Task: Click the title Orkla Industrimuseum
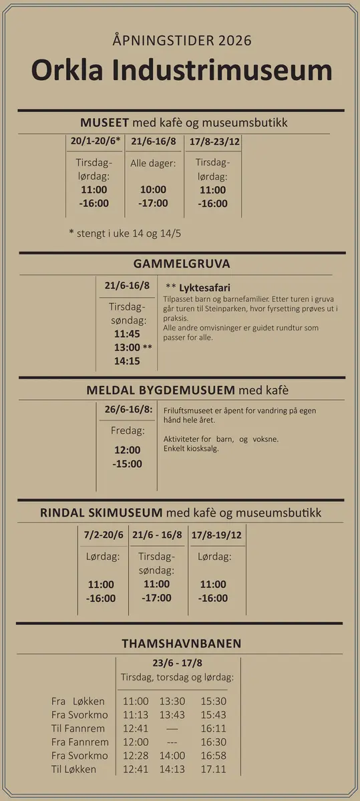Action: tap(181, 71)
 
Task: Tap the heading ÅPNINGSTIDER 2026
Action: tap(182, 41)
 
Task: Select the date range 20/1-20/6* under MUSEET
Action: tap(96, 142)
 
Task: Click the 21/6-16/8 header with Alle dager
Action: tap(154, 142)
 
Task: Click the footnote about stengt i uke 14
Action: tap(125, 234)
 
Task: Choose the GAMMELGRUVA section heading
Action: tap(182, 263)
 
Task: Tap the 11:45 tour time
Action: tap(127, 334)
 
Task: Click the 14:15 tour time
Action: tap(127, 361)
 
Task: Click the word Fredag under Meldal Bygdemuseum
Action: tap(127, 431)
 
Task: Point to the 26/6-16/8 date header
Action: tap(128, 409)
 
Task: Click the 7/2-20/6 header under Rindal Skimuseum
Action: tap(104, 535)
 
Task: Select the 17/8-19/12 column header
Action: tap(216, 535)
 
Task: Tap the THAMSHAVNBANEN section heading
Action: tap(182, 644)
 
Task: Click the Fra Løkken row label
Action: tap(78, 702)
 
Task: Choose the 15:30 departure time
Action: tap(214, 702)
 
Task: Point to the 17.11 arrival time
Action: tap(214, 769)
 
